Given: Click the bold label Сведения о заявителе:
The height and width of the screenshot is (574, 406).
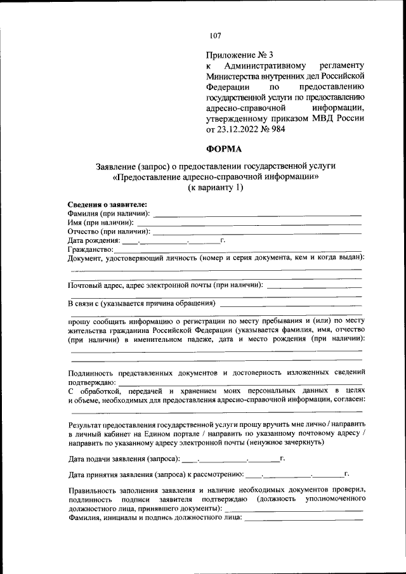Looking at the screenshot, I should (x=107, y=204).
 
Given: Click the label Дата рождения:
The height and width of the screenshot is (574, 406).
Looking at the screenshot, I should (x=93, y=241).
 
